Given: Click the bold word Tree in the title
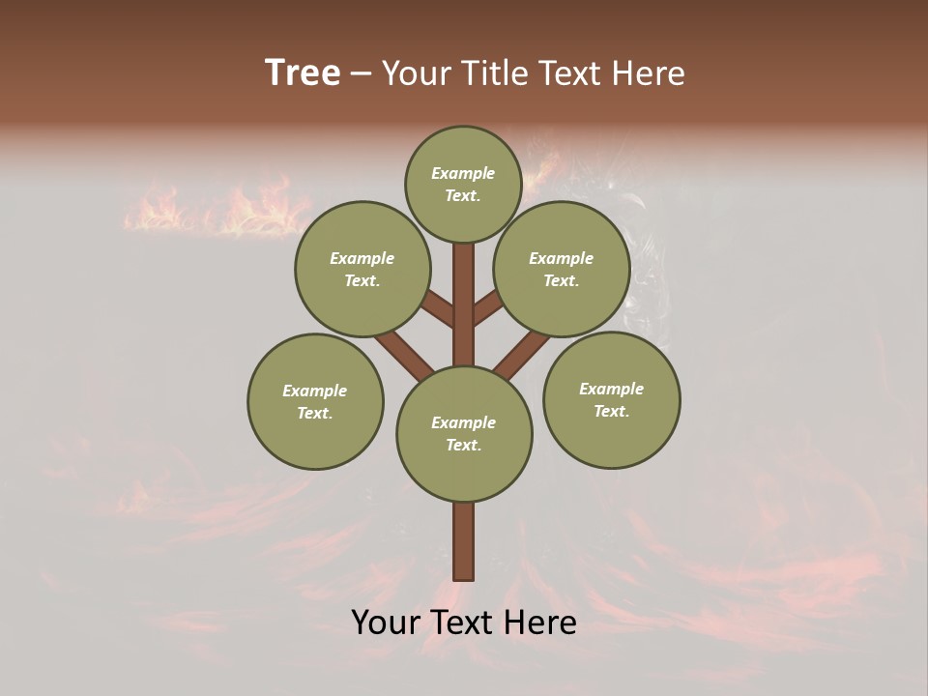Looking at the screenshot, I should [303, 73].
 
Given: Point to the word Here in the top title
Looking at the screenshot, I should [652, 73].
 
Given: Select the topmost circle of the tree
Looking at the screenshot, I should [463, 184].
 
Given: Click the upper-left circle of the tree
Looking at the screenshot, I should [362, 269].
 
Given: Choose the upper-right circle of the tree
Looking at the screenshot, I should [562, 269].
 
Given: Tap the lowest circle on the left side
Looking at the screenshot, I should [315, 401].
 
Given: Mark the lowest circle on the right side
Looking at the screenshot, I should [611, 399].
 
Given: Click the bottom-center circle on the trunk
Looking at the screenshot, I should [464, 433].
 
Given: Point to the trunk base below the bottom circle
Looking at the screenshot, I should [464, 541].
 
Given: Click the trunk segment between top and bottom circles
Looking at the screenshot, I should [464, 304].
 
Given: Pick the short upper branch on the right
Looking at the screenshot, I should [487, 308].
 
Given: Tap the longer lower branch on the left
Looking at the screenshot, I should [404, 355].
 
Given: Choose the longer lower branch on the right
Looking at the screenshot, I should [522, 355].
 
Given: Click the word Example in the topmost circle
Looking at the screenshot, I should [463, 173].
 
